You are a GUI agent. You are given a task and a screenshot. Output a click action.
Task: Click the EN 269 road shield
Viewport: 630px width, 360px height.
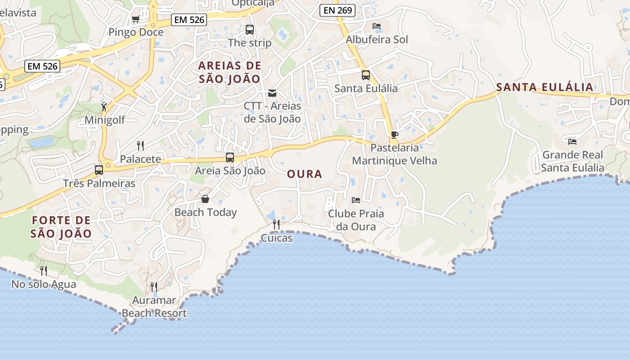click(x=337, y=10)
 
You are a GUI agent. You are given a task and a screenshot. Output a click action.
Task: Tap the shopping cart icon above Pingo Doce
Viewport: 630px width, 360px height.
click(x=135, y=19)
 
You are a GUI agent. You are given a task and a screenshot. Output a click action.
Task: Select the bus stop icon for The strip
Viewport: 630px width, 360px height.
click(x=250, y=30)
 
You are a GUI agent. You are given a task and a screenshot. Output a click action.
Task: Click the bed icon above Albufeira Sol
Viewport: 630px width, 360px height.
click(x=377, y=26)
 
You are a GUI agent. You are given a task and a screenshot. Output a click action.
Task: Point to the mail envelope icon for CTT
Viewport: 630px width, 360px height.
click(x=272, y=93)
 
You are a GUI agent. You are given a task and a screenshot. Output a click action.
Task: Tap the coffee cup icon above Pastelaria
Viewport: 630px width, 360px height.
click(x=394, y=135)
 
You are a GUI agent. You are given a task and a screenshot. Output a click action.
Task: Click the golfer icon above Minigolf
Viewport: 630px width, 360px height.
click(x=104, y=107)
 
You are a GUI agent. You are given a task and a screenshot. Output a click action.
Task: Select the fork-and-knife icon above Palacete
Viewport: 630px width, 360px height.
click(x=140, y=145)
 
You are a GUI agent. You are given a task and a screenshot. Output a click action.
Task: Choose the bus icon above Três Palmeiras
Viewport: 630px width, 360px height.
click(x=99, y=170)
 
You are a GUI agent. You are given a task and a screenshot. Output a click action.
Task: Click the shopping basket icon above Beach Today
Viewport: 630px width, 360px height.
click(x=205, y=198)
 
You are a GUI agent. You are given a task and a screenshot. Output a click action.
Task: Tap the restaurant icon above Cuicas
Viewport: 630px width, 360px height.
click(x=276, y=224)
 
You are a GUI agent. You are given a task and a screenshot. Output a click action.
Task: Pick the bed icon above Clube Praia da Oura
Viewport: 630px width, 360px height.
click(x=356, y=200)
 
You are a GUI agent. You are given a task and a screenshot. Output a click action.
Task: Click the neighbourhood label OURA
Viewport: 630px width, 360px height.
click(x=305, y=174)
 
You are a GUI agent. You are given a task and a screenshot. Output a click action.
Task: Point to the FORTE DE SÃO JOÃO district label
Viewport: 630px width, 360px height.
click(x=61, y=227)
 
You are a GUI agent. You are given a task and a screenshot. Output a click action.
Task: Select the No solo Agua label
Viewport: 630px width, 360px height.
click(x=44, y=284)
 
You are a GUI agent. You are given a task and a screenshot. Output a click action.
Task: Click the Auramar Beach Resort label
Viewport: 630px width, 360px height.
click(x=154, y=307)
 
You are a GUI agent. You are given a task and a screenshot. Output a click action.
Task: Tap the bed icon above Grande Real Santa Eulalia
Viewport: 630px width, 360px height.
click(x=572, y=141)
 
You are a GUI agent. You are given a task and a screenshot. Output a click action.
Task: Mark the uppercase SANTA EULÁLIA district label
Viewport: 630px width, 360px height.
click(x=544, y=87)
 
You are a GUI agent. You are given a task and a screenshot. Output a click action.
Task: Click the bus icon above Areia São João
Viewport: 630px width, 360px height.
click(x=230, y=157)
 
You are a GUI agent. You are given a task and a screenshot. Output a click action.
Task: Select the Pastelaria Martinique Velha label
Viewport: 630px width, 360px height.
click(x=394, y=154)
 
